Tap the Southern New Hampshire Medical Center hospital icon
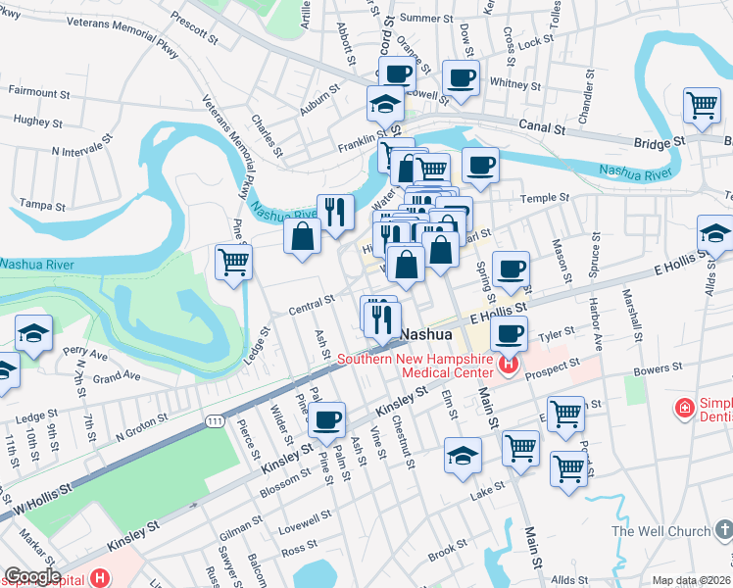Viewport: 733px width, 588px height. (x=508, y=367)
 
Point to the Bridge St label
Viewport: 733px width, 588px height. (x=658, y=143)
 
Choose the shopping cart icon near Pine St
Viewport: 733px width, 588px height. (x=233, y=262)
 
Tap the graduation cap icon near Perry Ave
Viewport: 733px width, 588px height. (x=33, y=333)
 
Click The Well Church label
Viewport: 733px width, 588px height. (x=660, y=531)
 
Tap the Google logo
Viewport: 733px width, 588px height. (x=31, y=576)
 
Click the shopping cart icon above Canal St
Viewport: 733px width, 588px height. (x=702, y=105)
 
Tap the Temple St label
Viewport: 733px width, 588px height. (x=545, y=198)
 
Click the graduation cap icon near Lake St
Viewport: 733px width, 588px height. (x=463, y=455)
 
